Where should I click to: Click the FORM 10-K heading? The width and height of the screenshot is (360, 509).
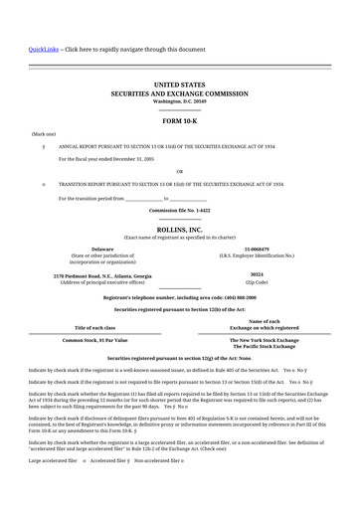tap(180, 120)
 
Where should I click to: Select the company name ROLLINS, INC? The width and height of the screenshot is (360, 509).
tap(180, 230)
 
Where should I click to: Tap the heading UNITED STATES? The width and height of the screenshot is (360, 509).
tap(180, 87)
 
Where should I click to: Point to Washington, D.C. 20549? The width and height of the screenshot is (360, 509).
tap(180, 101)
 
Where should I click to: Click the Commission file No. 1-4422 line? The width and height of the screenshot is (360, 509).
tap(180, 211)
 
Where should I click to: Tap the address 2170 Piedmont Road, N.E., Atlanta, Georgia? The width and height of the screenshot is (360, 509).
tap(102, 273)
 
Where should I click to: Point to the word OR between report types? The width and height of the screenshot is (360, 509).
tap(180, 170)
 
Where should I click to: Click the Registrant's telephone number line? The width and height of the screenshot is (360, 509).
tap(180, 296)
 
